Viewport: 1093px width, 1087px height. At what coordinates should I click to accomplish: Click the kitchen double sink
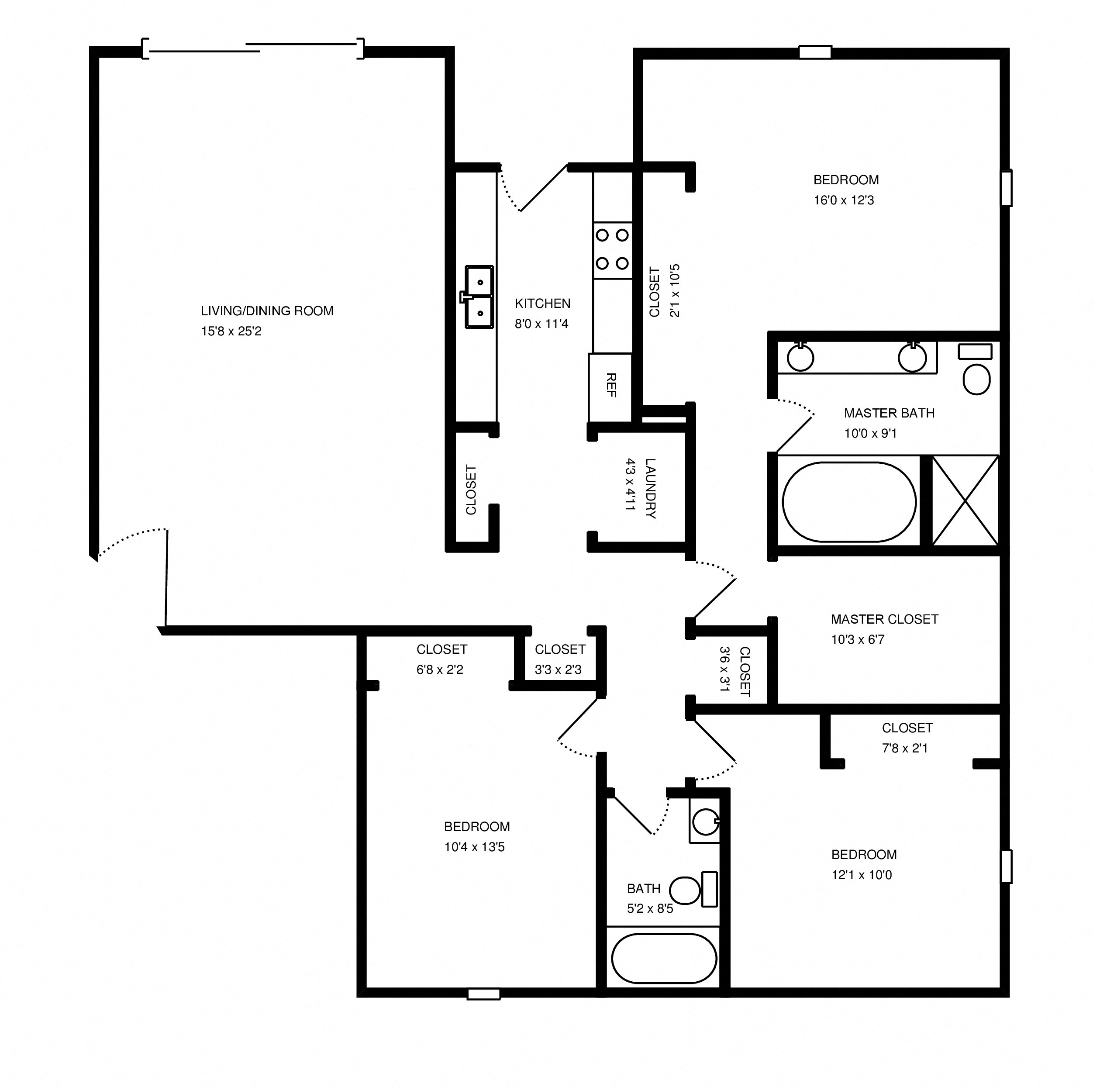[479, 297]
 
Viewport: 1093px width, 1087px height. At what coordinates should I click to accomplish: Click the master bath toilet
[976, 378]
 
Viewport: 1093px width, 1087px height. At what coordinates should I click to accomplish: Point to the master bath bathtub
[848, 501]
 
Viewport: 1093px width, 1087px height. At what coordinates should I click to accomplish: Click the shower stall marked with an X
[965, 500]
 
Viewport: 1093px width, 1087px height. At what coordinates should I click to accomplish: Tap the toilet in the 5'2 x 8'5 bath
[686, 890]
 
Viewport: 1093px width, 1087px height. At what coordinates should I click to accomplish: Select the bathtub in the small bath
[664, 959]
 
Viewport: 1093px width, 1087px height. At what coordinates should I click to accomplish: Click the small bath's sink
[705, 821]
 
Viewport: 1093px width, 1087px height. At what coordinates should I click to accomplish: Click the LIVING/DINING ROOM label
[267, 311]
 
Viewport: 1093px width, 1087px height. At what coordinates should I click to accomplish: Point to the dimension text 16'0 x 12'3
[844, 200]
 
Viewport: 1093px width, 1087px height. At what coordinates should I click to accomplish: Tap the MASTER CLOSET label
[884, 619]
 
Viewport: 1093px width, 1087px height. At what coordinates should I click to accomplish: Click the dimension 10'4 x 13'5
[474, 847]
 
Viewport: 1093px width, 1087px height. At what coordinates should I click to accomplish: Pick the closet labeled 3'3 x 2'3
[559, 659]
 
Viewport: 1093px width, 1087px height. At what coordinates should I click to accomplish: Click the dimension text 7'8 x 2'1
[905, 748]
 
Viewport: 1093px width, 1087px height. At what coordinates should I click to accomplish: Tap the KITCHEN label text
[542, 303]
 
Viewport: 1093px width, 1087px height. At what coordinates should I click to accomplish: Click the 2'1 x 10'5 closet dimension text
[674, 291]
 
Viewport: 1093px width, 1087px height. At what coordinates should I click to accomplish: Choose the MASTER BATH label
[889, 413]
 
